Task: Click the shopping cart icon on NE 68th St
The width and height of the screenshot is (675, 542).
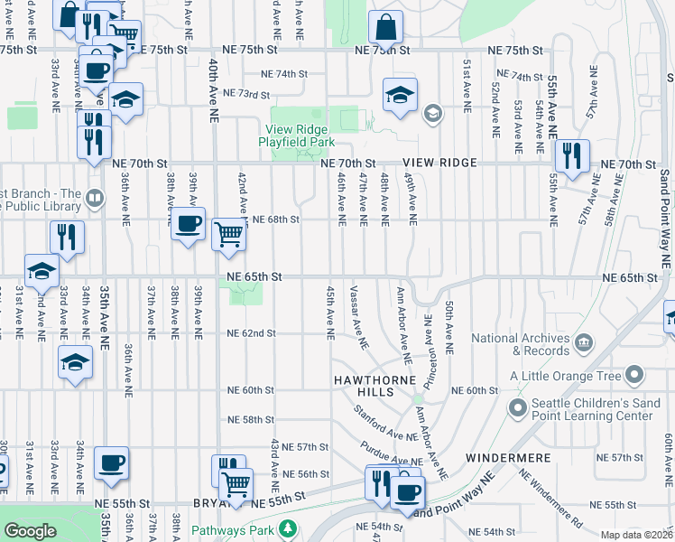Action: (x=229, y=234)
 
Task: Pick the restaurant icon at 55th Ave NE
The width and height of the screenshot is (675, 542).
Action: (x=571, y=155)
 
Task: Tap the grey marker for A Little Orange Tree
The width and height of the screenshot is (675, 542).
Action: (x=634, y=375)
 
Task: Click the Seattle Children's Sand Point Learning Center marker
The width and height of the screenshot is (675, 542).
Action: (x=517, y=409)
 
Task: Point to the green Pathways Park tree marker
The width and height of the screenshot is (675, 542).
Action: (x=287, y=528)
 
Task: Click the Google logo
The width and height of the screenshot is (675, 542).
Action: (x=30, y=530)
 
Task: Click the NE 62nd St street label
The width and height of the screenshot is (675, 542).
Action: (x=251, y=333)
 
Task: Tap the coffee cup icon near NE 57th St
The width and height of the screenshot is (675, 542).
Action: (x=112, y=463)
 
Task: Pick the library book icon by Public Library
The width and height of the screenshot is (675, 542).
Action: (x=95, y=197)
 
